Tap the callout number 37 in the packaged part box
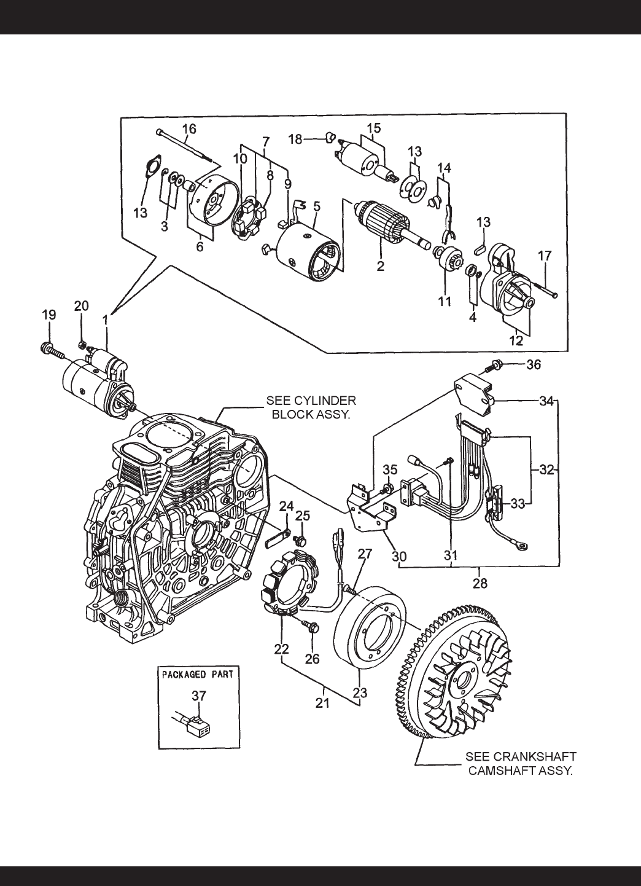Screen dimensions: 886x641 click(200, 696)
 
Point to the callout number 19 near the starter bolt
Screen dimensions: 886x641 click(49, 315)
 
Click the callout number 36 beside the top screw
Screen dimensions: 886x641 click(534, 364)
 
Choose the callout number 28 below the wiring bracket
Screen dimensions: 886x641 click(478, 581)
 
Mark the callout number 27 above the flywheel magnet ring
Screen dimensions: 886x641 click(365, 554)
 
